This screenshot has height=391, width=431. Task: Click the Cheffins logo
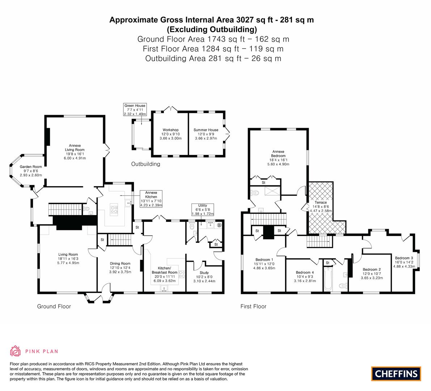[396, 374]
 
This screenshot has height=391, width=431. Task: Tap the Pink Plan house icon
[16, 351]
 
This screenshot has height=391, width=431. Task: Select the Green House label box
[135, 109]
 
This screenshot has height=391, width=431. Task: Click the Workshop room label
[170, 134]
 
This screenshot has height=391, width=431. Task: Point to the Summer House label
[206, 134]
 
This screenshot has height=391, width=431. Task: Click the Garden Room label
[31, 171]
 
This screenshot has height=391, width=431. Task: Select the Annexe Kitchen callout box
[151, 199]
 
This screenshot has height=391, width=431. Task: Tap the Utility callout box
[203, 210]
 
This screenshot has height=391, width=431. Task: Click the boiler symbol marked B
[219, 225]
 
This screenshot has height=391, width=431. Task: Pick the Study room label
[204, 277]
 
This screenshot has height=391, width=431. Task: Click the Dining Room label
[120, 268]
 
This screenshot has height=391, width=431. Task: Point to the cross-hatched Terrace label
[321, 206]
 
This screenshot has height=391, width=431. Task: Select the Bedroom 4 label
[305, 277]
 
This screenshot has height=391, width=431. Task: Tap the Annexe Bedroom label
[278, 158]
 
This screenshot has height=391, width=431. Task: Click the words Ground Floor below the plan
[54, 306]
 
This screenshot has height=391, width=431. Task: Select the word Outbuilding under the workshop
[145, 164]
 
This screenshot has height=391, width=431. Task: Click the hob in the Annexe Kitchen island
[114, 208]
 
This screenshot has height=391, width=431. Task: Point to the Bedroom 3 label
[404, 262]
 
